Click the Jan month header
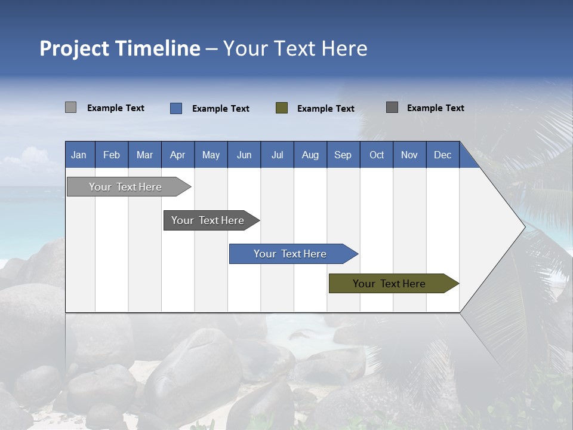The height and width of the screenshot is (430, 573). click(79, 155)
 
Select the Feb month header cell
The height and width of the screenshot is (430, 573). click(112, 155)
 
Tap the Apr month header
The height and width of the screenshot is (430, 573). click(178, 155)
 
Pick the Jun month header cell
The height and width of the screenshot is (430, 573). click(244, 155)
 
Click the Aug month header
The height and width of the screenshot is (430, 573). click(310, 155)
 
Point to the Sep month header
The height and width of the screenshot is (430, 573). click(343, 155)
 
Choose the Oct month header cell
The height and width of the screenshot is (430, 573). click(377, 155)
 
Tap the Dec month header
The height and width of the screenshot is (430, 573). click(443, 155)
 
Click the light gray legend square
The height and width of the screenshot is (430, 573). click(70, 107)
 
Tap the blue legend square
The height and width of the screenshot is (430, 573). click(175, 108)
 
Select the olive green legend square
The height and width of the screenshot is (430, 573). click(282, 108)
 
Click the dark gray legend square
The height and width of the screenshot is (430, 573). click(392, 107)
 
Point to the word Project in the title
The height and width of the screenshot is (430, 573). click(74, 48)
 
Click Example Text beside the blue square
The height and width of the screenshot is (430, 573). click(221, 109)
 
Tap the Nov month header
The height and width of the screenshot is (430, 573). click(409, 155)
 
